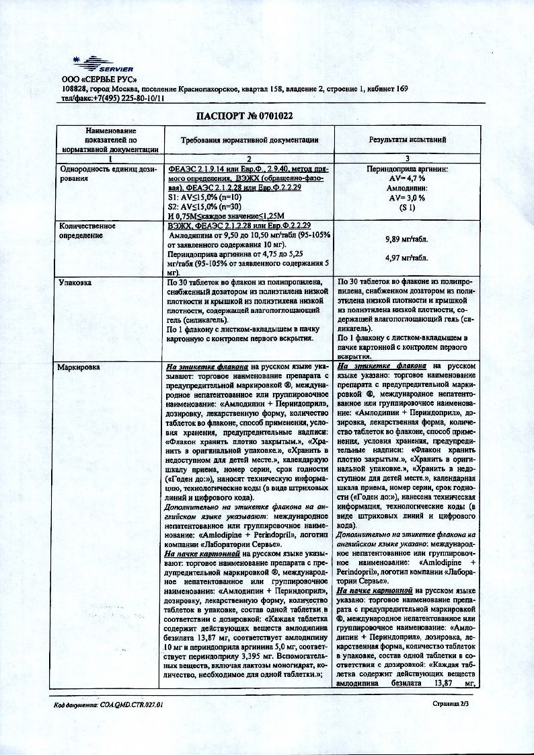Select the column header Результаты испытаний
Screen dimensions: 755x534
408,139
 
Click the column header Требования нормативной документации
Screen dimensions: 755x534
250,139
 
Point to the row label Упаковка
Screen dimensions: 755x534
74,283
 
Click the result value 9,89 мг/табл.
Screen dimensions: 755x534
408,239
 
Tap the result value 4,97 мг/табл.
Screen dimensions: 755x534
408,258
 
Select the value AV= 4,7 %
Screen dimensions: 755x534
408,180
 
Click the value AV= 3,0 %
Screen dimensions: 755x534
408,199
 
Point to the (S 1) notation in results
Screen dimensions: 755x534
408,208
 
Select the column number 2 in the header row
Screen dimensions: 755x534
250,158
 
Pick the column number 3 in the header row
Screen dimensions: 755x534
408,158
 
